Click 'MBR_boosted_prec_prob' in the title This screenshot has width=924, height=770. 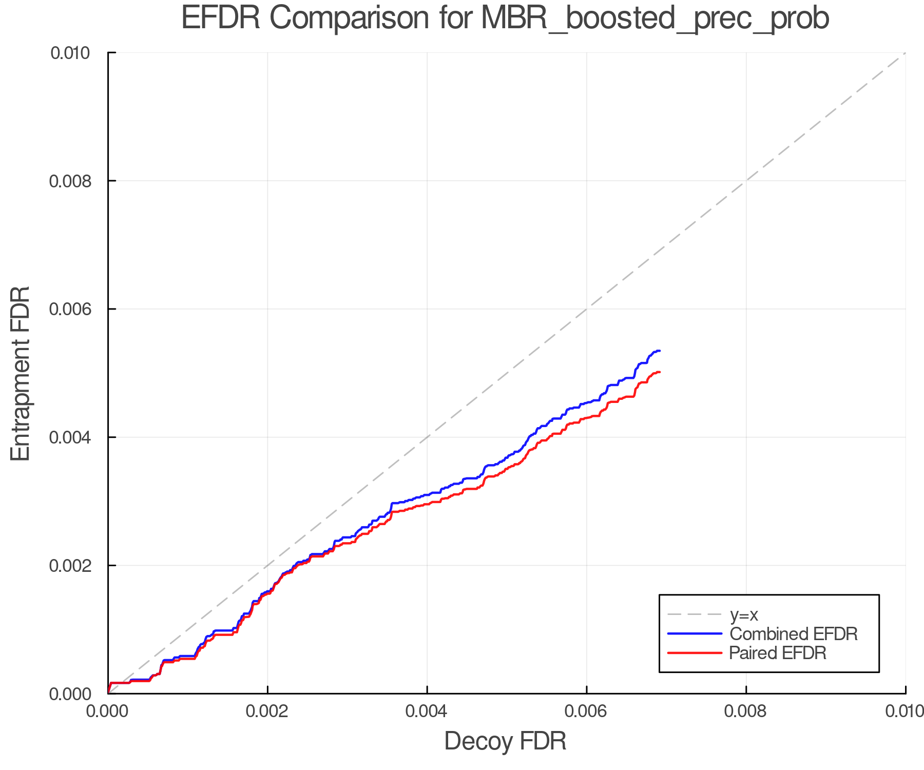tap(655, 19)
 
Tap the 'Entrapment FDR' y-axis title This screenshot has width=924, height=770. tap(21, 373)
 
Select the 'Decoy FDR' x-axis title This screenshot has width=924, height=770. tap(505, 741)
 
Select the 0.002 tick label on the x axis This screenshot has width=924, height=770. tap(267, 711)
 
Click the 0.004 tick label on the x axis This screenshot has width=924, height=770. tap(427, 711)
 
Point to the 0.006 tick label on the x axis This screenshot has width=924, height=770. tap(586, 711)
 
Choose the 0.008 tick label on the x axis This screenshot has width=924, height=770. tap(746, 711)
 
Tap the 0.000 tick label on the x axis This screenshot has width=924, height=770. tap(108, 711)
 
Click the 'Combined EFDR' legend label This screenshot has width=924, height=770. tap(794, 634)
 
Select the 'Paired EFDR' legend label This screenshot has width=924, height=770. tap(778, 653)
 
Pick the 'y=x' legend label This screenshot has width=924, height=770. tap(744, 614)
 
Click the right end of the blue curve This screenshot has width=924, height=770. tap(659, 351)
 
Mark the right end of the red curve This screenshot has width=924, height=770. tap(659, 372)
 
